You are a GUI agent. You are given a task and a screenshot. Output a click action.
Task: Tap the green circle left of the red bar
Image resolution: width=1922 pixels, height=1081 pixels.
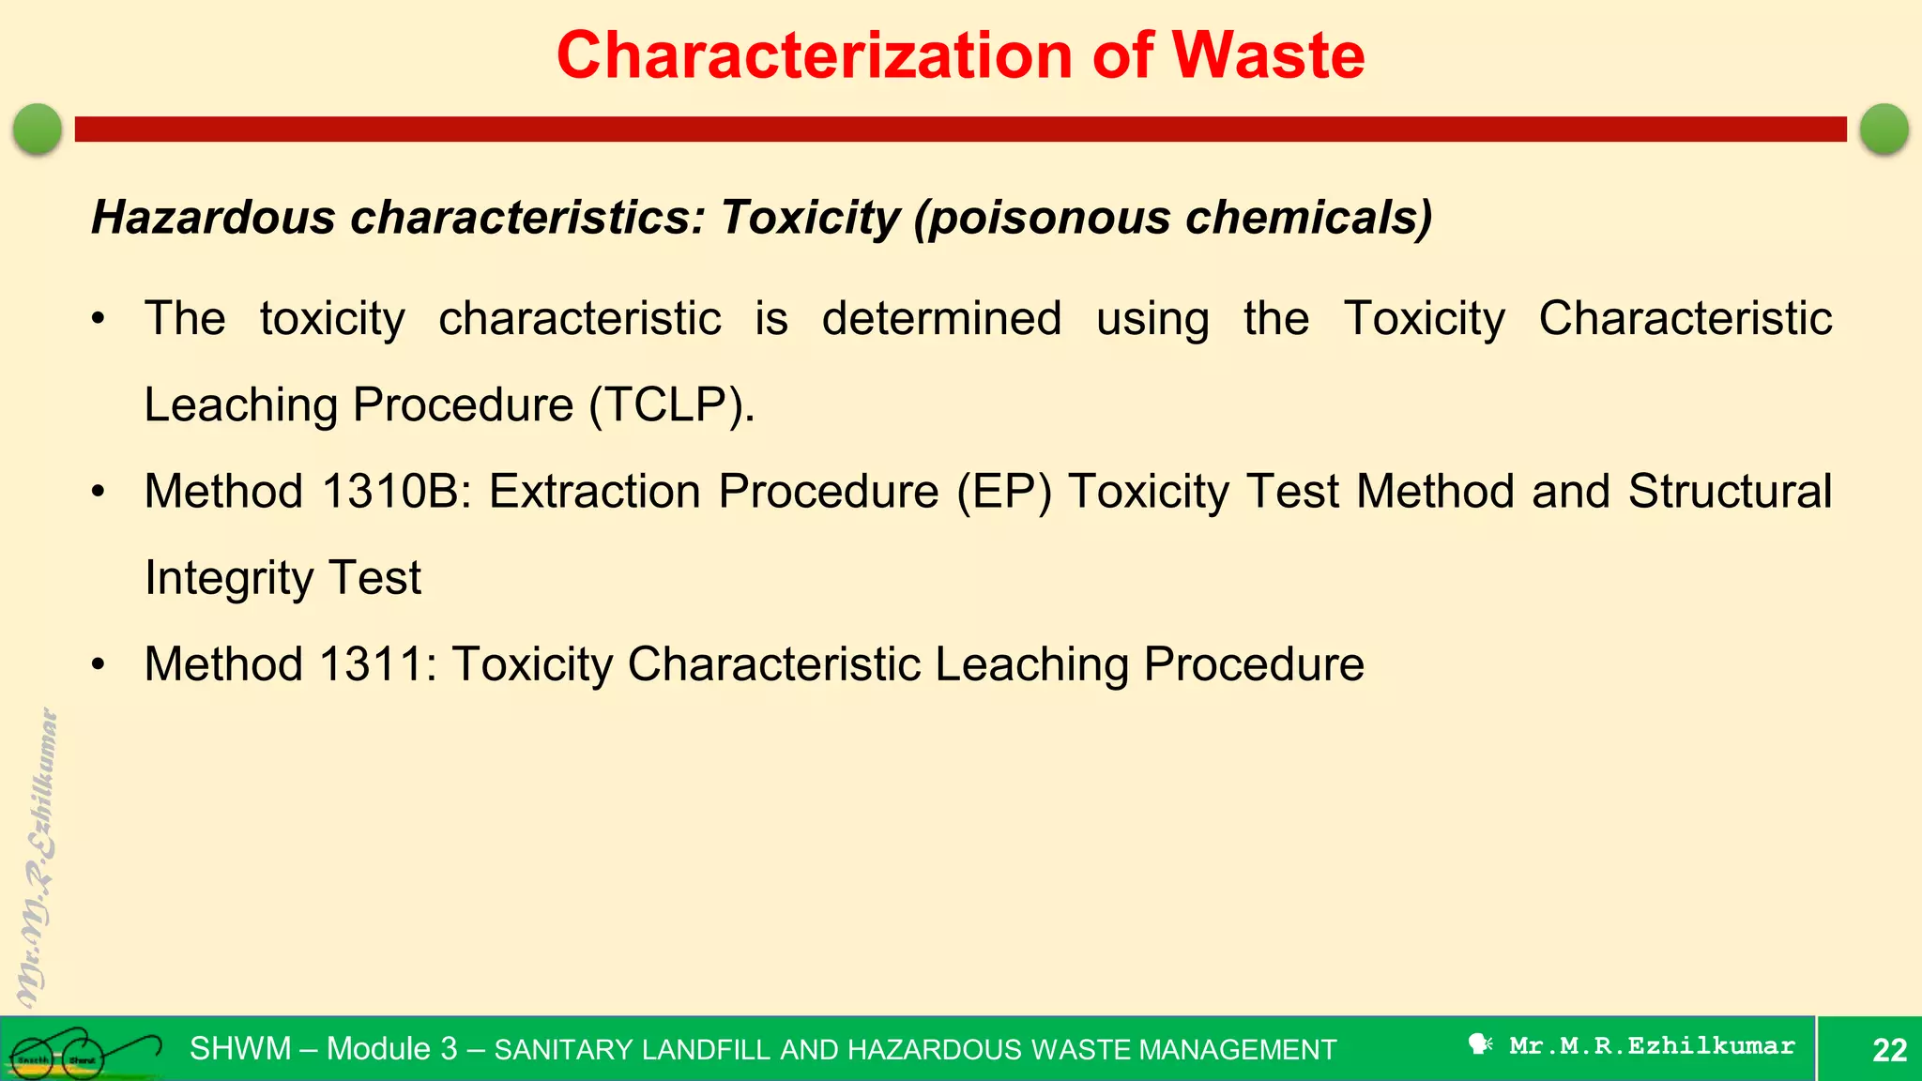(38, 129)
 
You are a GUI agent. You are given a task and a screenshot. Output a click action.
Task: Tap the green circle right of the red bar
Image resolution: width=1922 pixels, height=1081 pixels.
(1884, 129)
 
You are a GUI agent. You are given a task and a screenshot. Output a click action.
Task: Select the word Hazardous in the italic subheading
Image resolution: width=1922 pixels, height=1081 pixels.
(213, 218)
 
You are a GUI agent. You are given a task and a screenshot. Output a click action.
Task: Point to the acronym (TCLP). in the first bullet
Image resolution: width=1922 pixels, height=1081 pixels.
(672, 405)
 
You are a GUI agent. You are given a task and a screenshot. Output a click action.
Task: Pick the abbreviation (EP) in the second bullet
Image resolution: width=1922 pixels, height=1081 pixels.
(1003, 492)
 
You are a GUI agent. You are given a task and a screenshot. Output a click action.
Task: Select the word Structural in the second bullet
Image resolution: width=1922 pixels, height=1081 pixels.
(1730, 492)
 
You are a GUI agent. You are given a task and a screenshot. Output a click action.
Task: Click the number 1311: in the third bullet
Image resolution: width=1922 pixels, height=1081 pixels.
(377, 664)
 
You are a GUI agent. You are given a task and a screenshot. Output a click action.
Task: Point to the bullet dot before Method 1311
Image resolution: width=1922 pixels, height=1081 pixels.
(99, 664)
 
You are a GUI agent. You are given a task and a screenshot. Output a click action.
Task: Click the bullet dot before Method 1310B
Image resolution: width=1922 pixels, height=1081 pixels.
(99, 492)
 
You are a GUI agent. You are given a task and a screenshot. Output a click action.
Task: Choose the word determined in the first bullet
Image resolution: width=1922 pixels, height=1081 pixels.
(941, 319)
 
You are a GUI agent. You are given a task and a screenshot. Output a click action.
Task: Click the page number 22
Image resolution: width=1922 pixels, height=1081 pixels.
(1889, 1049)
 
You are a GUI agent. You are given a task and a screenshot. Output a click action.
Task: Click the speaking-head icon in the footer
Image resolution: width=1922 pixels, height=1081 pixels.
(1480, 1044)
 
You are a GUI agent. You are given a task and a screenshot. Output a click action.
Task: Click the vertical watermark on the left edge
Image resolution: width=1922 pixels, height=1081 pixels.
(38, 859)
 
